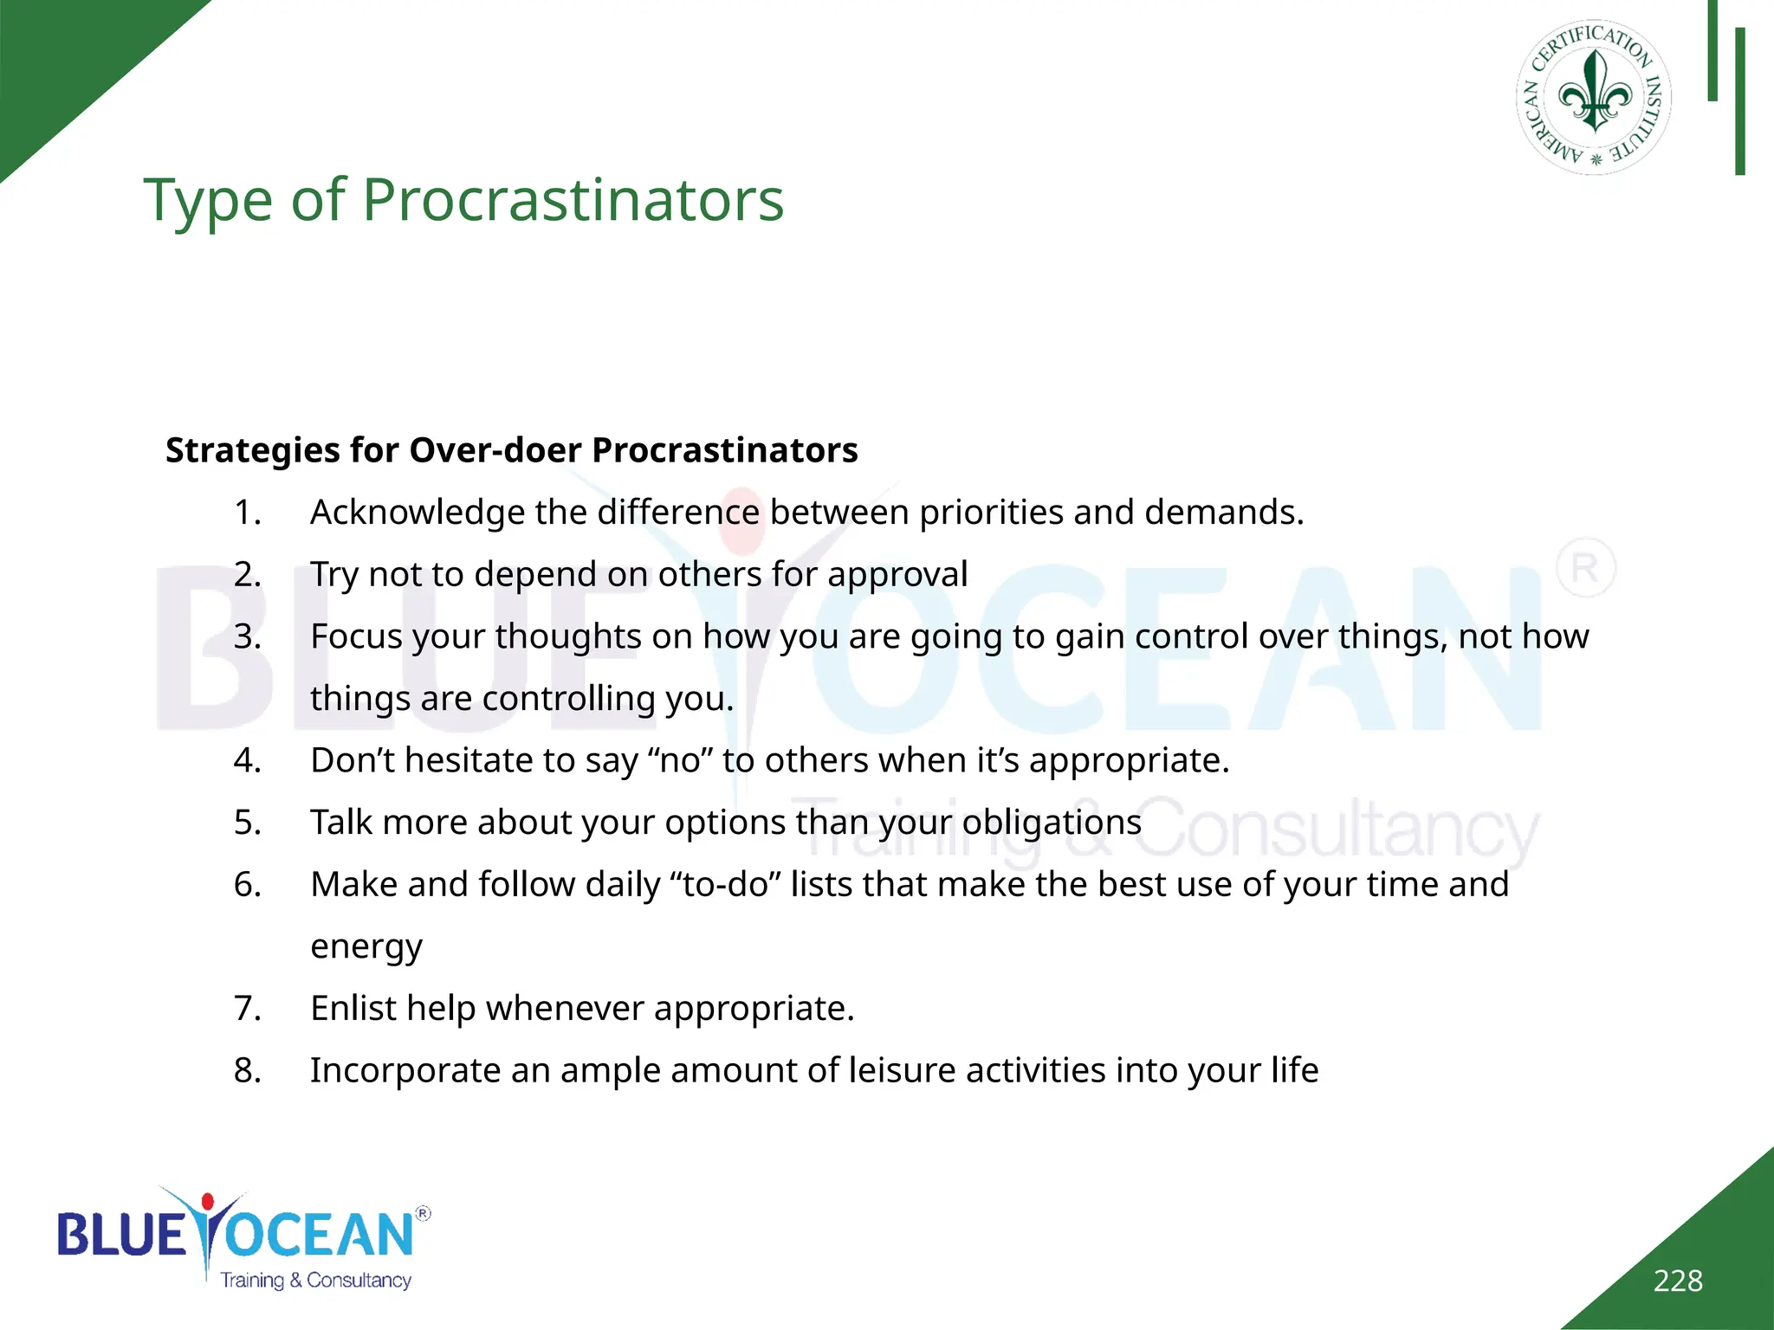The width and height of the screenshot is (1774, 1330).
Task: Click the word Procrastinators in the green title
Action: (573, 200)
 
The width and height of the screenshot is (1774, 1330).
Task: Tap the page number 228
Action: (1677, 1281)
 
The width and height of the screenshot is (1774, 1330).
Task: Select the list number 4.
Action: (247, 760)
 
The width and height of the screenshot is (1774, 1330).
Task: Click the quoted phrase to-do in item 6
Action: (726, 885)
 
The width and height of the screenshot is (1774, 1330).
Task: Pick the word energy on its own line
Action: (366, 947)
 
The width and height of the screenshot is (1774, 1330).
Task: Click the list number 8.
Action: (247, 1071)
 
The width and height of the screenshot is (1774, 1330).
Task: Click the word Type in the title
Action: (208, 200)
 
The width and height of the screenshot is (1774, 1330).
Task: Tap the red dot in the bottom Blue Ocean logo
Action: (207, 1202)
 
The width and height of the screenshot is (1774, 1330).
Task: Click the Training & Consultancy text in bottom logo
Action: (315, 1281)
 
